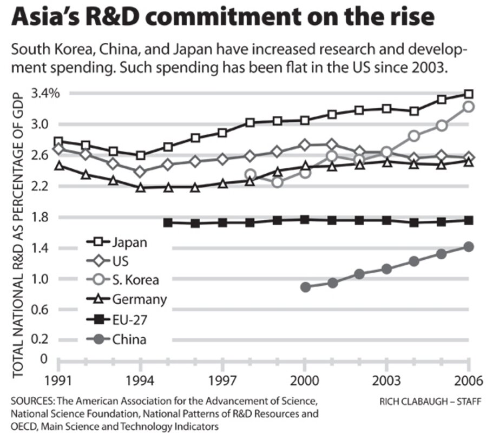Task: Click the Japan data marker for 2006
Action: (x=469, y=94)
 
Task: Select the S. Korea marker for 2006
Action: (x=469, y=107)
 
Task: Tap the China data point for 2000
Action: (x=305, y=287)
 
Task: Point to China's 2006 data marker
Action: (x=469, y=247)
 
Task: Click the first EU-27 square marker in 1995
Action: (x=168, y=222)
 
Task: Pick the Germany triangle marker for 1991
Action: (x=59, y=165)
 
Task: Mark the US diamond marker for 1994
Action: (x=141, y=172)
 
